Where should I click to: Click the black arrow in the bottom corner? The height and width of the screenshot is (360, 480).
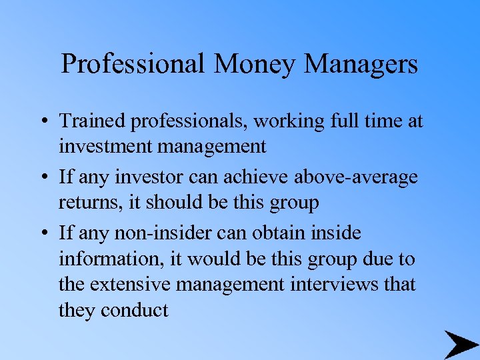pos(459,345)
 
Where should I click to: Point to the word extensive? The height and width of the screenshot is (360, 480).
pos(131,284)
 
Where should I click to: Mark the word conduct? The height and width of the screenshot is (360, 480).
pos(135,309)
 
